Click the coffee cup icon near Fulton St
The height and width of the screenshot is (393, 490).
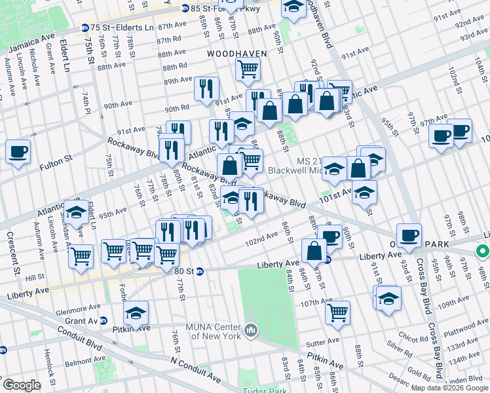pyautogui.click(x=18, y=152)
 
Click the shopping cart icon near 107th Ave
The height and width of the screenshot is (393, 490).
pyautogui.click(x=337, y=312)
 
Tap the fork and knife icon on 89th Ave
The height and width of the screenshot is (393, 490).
pyautogui.click(x=206, y=88)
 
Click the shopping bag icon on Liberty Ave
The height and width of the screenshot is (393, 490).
pyautogui.click(x=314, y=250)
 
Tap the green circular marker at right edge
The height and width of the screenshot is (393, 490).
pyautogui.click(x=483, y=251)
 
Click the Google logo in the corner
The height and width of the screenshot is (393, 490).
pyautogui.click(x=22, y=385)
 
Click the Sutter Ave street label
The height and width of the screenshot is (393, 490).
pyautogui.click(x=324, y=341)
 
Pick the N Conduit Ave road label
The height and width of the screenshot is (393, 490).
pyautogui.click(x=195, y=369)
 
